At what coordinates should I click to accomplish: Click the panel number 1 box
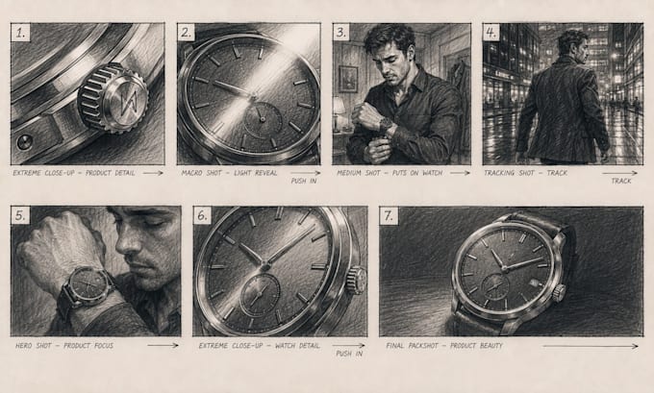20,32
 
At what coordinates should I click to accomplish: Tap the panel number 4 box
491,32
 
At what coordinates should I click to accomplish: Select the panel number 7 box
389,216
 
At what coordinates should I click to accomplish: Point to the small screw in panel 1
24,142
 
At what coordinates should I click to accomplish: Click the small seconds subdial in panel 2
263,120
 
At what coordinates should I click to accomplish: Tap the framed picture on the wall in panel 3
348,79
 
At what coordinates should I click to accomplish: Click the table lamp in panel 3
339,113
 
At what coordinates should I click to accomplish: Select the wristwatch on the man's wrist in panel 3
386,124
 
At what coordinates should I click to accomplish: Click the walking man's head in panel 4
573,43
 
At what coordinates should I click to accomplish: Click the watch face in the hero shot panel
88,285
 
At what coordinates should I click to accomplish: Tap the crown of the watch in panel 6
357,280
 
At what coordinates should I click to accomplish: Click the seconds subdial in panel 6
260,295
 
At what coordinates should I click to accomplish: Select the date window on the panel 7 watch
534,282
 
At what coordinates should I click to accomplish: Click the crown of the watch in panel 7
559,292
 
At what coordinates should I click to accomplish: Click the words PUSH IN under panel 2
304,181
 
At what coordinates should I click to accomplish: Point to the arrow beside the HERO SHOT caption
163,345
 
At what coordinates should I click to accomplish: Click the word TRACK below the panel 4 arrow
621,181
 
